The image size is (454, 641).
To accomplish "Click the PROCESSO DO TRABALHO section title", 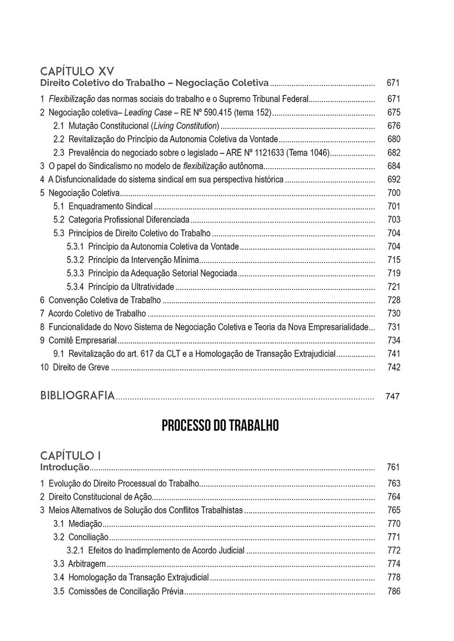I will tap(220, 426).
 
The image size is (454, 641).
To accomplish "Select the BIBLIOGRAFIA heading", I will tap(78, 395).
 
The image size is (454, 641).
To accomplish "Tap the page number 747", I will tap(393, 396).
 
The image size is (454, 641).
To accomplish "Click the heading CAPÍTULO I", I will tap(71, 455).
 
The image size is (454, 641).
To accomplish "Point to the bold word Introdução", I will tap(65, 467).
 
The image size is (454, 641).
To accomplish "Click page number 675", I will tap(394, 112).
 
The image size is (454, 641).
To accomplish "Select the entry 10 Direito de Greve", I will tap(75, 367).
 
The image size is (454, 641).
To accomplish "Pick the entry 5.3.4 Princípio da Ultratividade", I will tap(121, 286).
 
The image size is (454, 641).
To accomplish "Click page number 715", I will tap(394, 259).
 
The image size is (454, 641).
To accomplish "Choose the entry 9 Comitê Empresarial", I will tap(78, 340).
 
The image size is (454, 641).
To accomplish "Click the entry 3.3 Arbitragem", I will tap(79, 564).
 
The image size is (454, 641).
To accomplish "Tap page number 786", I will tap(394, 591).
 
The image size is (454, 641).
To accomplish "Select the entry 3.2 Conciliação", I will tap(81, 537).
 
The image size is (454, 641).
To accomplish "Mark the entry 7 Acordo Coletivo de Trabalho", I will tap(93, 313).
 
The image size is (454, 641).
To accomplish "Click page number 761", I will tap(394, 467).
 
